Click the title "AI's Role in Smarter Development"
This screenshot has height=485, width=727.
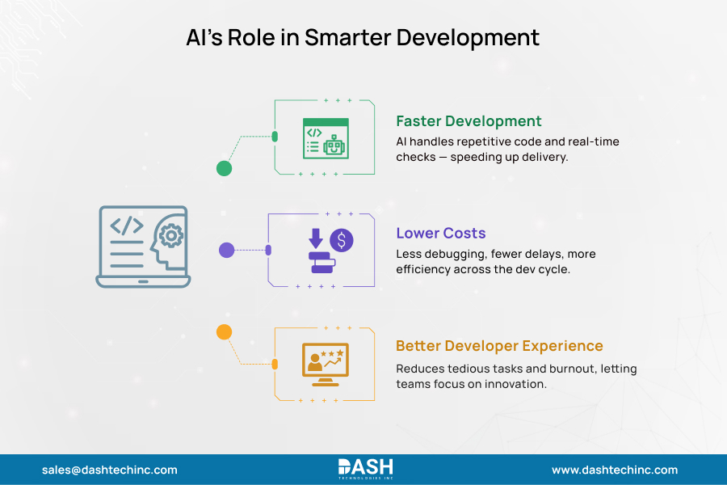[x=363, y=38]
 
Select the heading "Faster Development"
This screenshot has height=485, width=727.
[x=469, y=121]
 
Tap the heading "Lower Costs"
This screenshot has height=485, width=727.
[x=440, y=234]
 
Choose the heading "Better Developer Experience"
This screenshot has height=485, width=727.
[x=499, y=346]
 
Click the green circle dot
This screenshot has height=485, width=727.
[x=225, y=168]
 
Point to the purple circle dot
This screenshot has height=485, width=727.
[x=227, y=250]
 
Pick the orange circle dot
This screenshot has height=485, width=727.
[x=225, y=331]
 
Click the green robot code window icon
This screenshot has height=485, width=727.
[x=326, y=138]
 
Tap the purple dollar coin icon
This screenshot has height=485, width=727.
[x=341, y=240]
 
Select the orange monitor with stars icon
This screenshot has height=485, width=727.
[x=325, y=363]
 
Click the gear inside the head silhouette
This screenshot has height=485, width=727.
[x=170, y=235]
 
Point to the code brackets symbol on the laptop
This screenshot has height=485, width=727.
[x=127, y=225]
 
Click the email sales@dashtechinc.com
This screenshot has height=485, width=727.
[x=109, y=470]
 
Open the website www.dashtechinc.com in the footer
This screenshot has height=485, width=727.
[x=615, y=470]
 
